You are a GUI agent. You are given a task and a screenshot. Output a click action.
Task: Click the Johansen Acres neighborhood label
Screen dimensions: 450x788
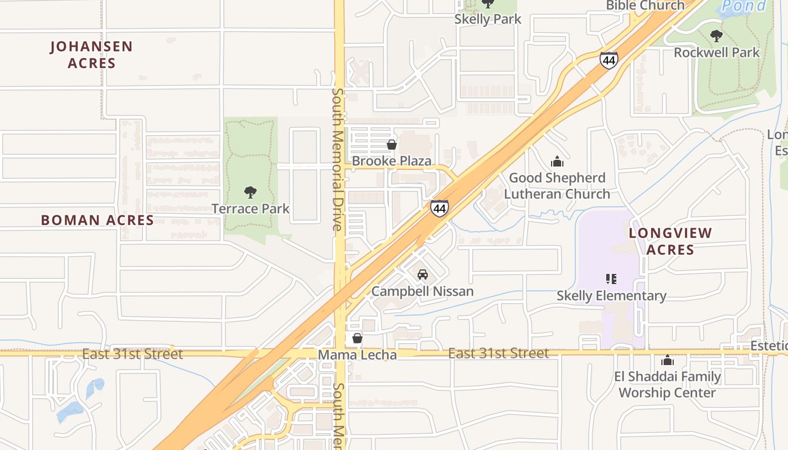point(91,55)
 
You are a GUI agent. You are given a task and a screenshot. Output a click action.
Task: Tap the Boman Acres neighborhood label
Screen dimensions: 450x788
point(97,220)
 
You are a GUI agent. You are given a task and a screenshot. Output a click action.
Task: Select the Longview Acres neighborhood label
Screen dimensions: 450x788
point(670,241)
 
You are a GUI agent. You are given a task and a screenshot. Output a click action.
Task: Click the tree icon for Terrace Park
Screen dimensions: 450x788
point(250,193)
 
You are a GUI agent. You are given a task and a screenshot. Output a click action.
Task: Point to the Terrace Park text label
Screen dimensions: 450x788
point(250,209)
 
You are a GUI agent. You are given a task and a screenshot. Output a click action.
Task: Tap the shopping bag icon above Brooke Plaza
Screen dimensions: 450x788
point(392,145)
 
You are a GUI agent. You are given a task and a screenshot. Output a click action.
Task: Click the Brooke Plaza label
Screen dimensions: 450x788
point(392,161)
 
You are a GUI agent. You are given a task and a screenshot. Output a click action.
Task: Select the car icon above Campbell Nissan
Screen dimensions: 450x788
point(423,274)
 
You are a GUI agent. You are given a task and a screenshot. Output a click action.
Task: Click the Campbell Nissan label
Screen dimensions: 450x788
point(423,291)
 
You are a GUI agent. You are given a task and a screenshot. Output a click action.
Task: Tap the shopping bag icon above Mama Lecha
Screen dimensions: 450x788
point(357,338)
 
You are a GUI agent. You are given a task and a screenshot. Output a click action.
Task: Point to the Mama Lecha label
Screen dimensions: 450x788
point(357,355)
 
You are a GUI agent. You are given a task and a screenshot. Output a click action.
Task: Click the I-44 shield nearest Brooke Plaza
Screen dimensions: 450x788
point(440,209)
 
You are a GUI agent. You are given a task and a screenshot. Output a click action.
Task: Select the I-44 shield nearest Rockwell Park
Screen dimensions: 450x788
point(608,60)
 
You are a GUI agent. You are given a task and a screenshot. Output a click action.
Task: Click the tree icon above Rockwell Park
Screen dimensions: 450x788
point(717,37)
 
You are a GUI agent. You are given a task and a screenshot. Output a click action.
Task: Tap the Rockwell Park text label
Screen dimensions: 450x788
point(717,53)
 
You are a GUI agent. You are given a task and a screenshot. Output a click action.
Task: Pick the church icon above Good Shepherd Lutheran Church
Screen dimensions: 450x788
point(557,162)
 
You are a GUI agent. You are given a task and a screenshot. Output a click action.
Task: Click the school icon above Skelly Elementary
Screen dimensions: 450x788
point(611,279)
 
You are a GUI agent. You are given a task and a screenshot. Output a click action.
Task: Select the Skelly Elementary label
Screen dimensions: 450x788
point(611,296)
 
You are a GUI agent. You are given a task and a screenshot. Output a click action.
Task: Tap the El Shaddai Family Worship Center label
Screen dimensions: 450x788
point(667,385)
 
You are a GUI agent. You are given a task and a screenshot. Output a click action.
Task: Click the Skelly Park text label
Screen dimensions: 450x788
point(488,19)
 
